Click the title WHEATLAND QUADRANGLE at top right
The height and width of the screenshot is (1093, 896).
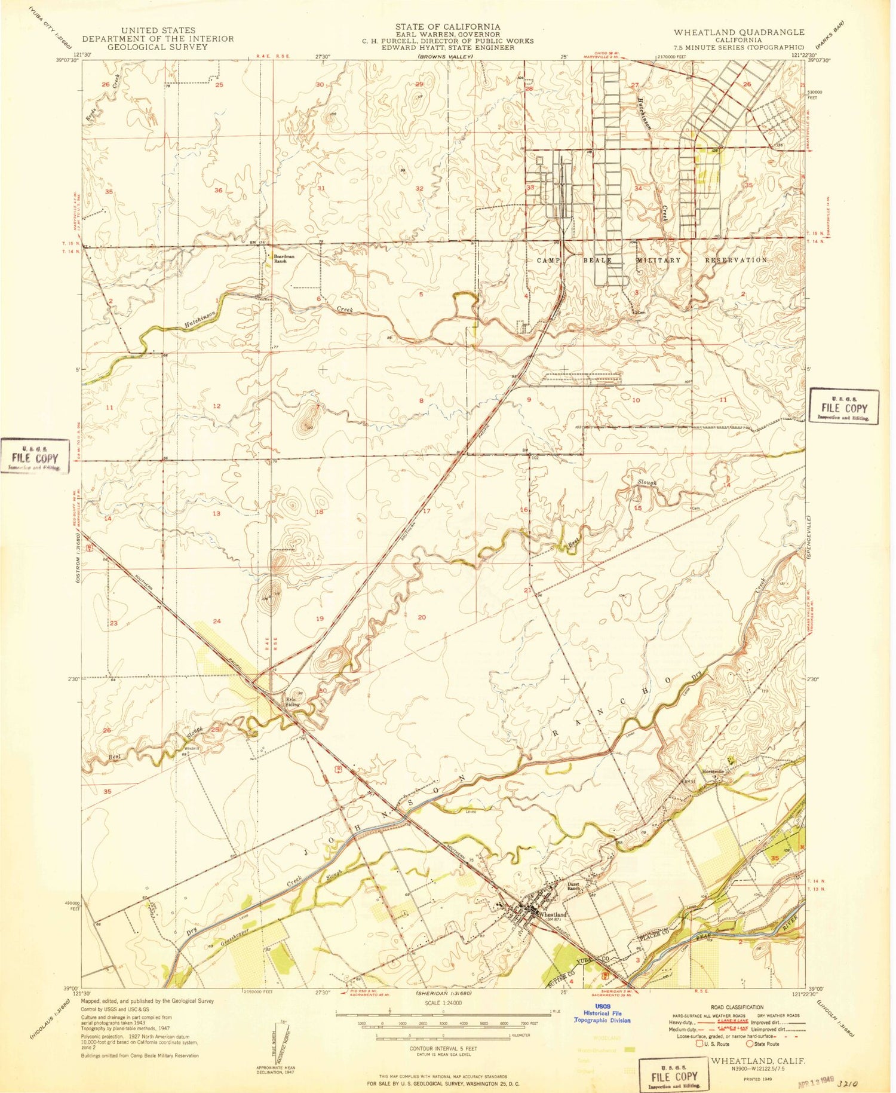click(x=739, y=32)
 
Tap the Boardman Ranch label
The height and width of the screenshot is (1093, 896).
click(x=284, y=259)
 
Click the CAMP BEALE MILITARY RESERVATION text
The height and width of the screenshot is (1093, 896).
click(x=652, y=261)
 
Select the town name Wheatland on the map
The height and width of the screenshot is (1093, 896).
click(x=553, y=914)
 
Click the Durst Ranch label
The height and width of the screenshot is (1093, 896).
click(x=574, y=886)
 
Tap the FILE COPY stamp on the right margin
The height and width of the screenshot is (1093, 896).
click(x=844, y=408)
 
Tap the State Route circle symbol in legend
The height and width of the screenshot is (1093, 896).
click(x=749, y=1044)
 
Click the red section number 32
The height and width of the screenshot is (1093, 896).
click(x=419, y=189)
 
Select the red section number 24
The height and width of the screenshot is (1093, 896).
click(x=217, y=621)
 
